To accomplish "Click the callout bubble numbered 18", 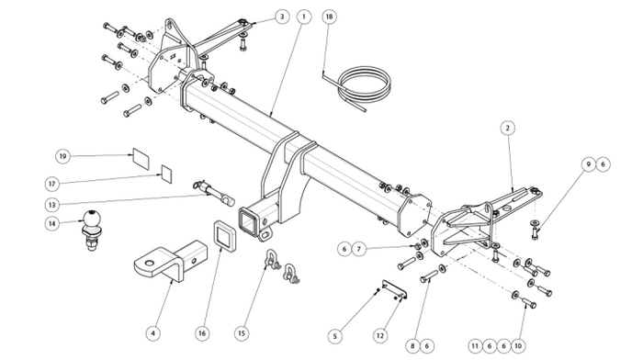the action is (x=329, y=17).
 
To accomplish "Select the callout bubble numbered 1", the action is (x=304, y=17).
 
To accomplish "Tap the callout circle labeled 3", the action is (x=282, y=17).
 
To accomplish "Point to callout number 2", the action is (x=508, y=129).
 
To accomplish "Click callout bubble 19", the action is (x=62, y=156).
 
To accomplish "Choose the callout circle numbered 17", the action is (x=51, y=184).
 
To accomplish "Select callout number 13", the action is (x=51, y=204).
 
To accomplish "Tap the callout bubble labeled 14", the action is (x=51, y=223).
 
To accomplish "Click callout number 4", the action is (x=153, y=333).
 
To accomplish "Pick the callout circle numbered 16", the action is (x=202, y=333).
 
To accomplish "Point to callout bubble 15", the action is (x=242, y=333).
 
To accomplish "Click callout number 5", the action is (x=335, y=336).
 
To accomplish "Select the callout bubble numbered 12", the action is (x=380, y=336).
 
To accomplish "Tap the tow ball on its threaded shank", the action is (x=92, y=230).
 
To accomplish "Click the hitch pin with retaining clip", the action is (x=213, y=193).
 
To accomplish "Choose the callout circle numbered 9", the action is (x=589, y=164).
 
